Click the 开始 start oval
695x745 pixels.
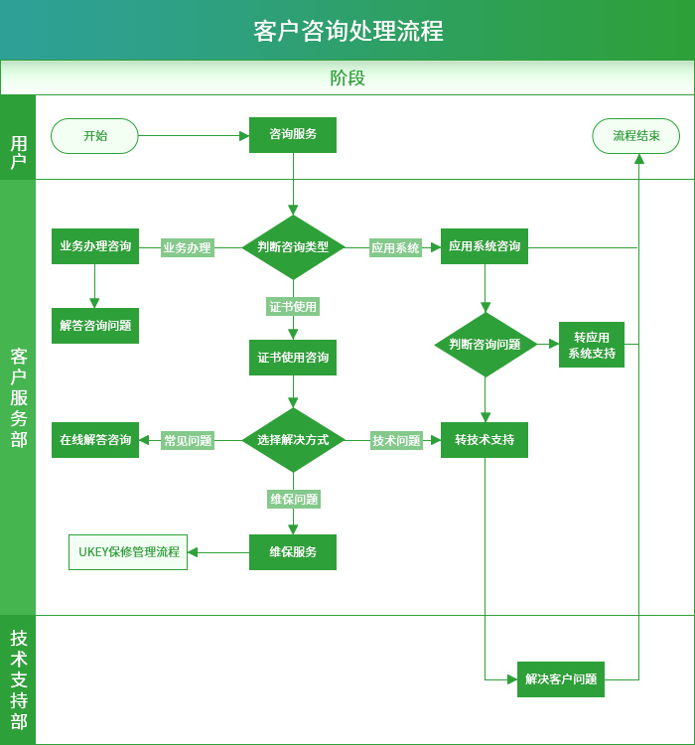coord(94,136)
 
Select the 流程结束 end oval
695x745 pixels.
coord(635,136)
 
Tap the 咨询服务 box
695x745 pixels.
coord(293,135)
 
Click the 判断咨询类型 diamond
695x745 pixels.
coord(293,247)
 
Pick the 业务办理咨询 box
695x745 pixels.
coord(95,246)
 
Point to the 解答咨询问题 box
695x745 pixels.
coord(95,326)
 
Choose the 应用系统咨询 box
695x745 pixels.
coord(485,246)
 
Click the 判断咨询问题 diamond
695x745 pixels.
coord(485,345)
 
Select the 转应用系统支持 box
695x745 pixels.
coord(592,345)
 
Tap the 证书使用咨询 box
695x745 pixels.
coord(293,358)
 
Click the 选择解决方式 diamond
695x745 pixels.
coord(293,440)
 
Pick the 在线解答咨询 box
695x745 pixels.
coord(95,440)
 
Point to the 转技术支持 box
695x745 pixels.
coord(485,440)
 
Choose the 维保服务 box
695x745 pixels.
coord(293,552)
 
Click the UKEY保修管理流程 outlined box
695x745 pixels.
coord(128,552)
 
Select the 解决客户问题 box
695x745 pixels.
coord(561,679)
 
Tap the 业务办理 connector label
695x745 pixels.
coord(188,248)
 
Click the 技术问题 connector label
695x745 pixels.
coord(396,441)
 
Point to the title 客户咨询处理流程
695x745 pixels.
coord(347,31)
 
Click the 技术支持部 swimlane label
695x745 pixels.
coord(18,680)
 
